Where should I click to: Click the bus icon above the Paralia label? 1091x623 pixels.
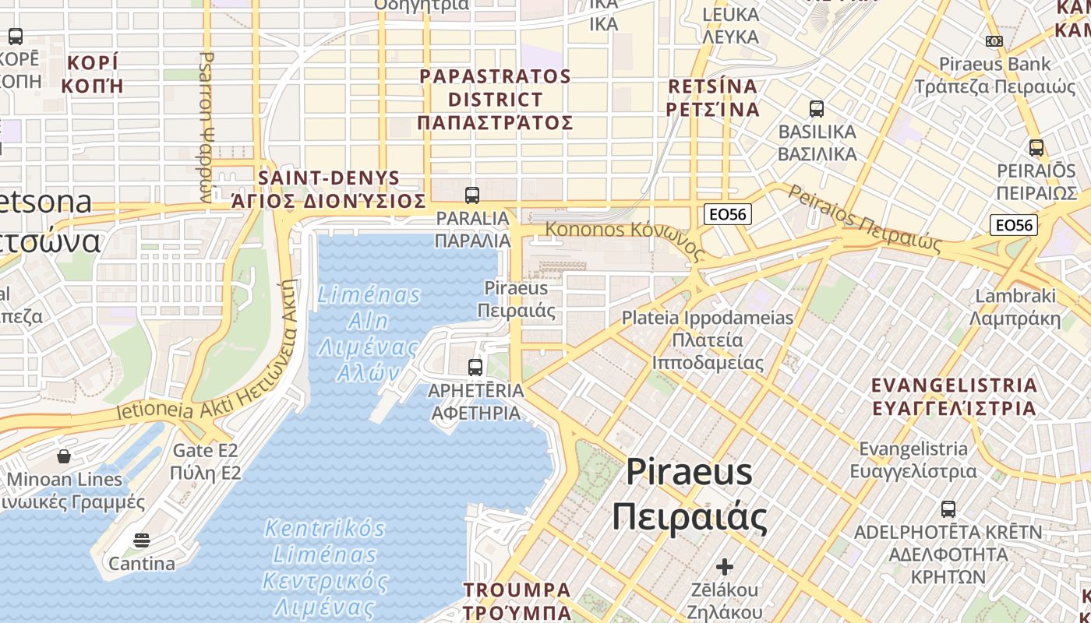tap(471, 195)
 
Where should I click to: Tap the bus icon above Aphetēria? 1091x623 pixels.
tap(475, 367)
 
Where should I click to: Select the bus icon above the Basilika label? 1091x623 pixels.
tap(817, 108)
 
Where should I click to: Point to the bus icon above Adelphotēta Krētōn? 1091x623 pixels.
tap(948, 509)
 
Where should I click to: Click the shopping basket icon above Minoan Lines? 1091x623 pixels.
tap(64, 456)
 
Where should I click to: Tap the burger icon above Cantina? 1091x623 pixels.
tap(141, 540)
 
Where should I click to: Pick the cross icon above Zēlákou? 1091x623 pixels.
tap(725, 566)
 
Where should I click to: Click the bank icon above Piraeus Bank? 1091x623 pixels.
tap(994, 41)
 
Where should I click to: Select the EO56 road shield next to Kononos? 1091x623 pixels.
tap(727, 214)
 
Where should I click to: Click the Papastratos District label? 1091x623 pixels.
tap(495, 100)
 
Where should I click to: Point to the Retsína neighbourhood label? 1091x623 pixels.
tap(713, 97)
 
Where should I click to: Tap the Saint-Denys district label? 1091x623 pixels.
tap(329, 189)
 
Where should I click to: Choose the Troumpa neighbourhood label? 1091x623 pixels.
tap(517, 600)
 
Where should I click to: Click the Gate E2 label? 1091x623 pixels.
tap(206, 461)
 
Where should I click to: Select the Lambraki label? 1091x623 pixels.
tap(1015, 307)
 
